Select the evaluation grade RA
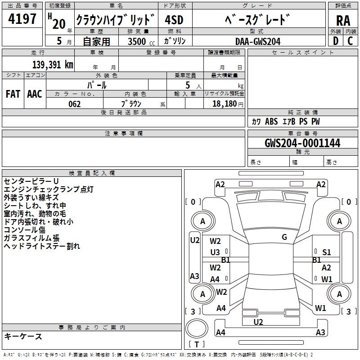point(343,21)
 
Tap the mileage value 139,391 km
point(53,64)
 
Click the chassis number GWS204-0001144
point(302,144)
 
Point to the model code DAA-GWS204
point(258,41)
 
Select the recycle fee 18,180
point(224,104)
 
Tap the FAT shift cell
point(13,94)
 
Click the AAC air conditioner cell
point(35,94)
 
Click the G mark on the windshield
point(284,237)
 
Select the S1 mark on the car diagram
point(326,252)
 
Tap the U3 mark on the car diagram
point(215,252)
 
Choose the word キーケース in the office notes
point(23,337)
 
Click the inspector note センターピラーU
point(31,181)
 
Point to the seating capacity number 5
point(187,85)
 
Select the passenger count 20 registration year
point(58,24)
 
